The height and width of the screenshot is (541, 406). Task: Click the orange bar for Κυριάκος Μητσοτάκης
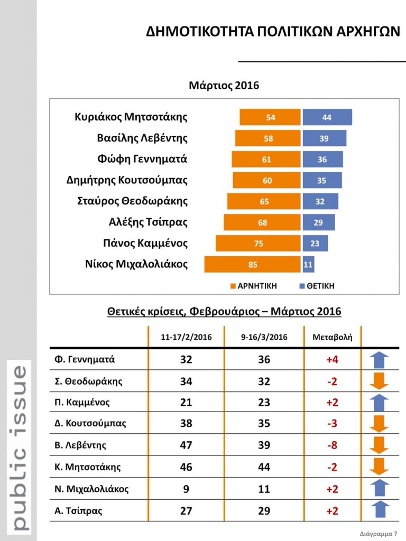click(x=270, y=117)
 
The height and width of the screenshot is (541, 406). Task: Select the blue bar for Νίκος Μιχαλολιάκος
click(x=308, y=264)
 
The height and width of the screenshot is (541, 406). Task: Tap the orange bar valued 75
click(x=258, y=244)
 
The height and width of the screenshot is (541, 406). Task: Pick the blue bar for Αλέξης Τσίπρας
click(x=318, y=222)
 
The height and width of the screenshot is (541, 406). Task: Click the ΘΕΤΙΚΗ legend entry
click(x=317, y=286)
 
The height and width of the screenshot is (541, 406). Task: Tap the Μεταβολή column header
click(x=333, y=337)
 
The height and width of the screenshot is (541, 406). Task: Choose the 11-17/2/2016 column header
click(x=186, y=337)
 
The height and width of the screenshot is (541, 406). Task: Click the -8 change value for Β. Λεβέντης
click(x=332, y=445)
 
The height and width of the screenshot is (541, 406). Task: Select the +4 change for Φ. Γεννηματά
click(x=332, y=360)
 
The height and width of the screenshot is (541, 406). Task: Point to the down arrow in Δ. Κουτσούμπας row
click(x=379, y=424)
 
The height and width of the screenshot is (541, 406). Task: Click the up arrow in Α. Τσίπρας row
click(x=379, y=510)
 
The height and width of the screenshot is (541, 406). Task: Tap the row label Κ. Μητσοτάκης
click(x=88, y=467)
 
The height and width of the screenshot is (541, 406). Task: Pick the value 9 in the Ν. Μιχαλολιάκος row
click(x=186, y=489)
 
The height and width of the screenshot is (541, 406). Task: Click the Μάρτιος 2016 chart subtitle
click(x=224, y=85)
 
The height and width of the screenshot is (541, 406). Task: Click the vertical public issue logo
click(x=18, y=446)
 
